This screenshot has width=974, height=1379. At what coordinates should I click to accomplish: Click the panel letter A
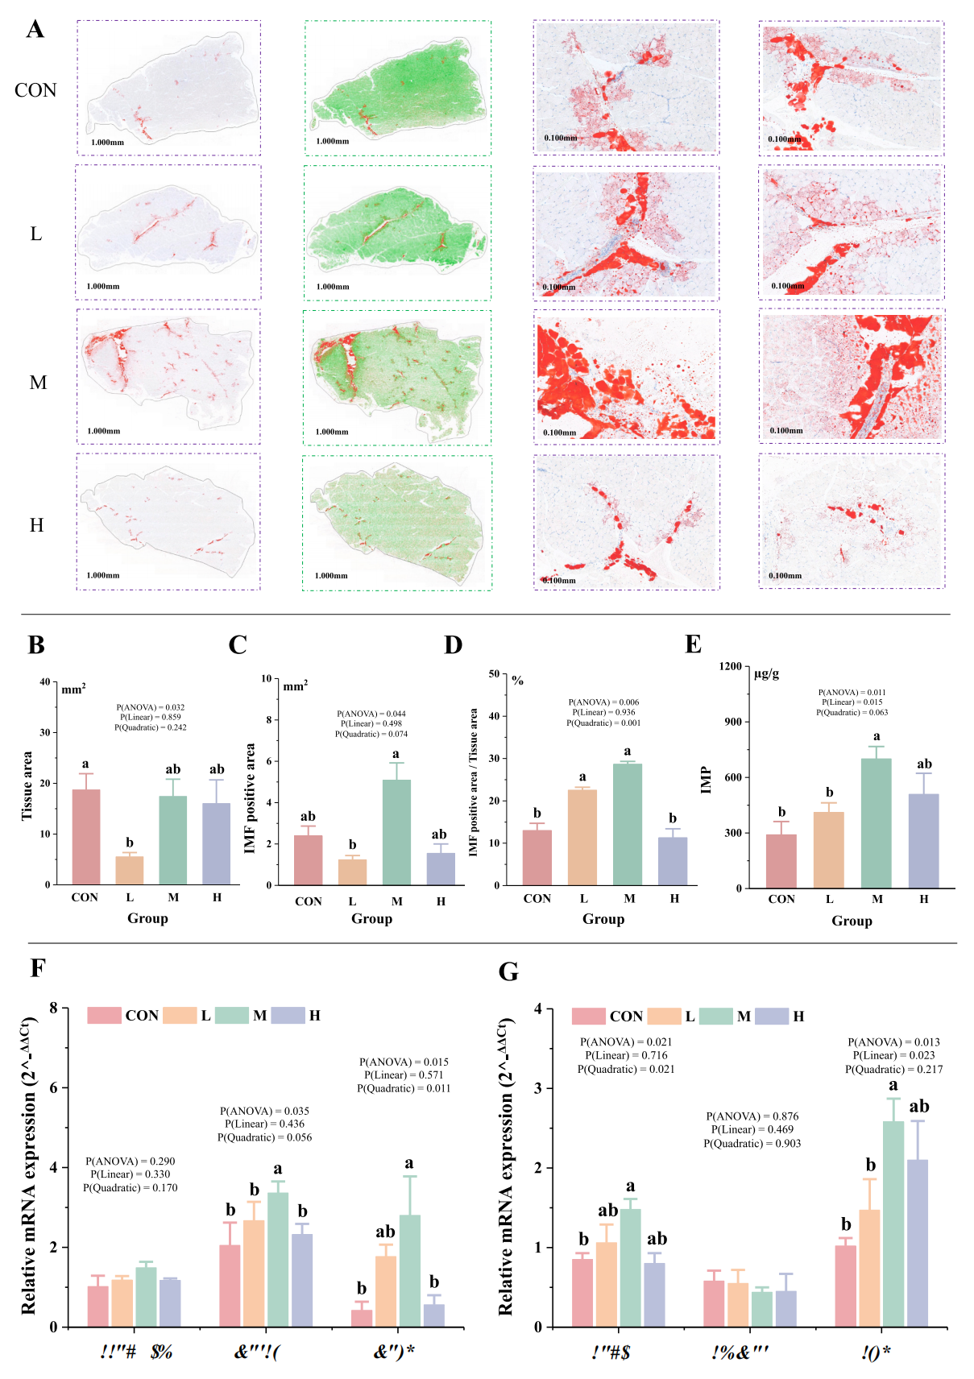(35, 30)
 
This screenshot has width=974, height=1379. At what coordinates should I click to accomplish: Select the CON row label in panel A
(35, 90)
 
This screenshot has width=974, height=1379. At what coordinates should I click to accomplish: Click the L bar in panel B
(129, 870)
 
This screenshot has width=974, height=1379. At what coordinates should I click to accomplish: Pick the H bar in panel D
(673, 861)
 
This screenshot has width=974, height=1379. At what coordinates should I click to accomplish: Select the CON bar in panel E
(781, 861)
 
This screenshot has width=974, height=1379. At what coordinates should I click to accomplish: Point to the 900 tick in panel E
(732, 722)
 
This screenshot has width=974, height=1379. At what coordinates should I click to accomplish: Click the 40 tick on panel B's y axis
(45, 682)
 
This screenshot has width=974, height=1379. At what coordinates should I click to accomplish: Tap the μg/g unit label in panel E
(766, 673)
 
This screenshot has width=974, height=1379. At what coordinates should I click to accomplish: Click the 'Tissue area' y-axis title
(27, 785)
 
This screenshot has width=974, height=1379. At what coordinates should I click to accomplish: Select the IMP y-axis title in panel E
(707, 780)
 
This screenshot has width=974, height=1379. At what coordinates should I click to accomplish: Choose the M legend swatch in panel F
(232, 1015)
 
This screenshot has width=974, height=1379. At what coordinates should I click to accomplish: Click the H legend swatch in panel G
(771, 1016)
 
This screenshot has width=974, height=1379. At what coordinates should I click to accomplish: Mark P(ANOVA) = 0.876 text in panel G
(752, 1116)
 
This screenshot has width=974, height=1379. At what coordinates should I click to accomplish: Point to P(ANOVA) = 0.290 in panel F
(130, 1162)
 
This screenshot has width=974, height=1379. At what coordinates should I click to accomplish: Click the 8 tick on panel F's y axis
(53, 1008)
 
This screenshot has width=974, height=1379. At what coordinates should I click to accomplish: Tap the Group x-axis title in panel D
(603, 919)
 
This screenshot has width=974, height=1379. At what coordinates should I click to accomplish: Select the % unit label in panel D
(517, 681)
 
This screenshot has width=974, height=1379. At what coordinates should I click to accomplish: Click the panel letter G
(508, 971)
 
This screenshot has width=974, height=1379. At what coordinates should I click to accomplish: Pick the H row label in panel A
(36, 525)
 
